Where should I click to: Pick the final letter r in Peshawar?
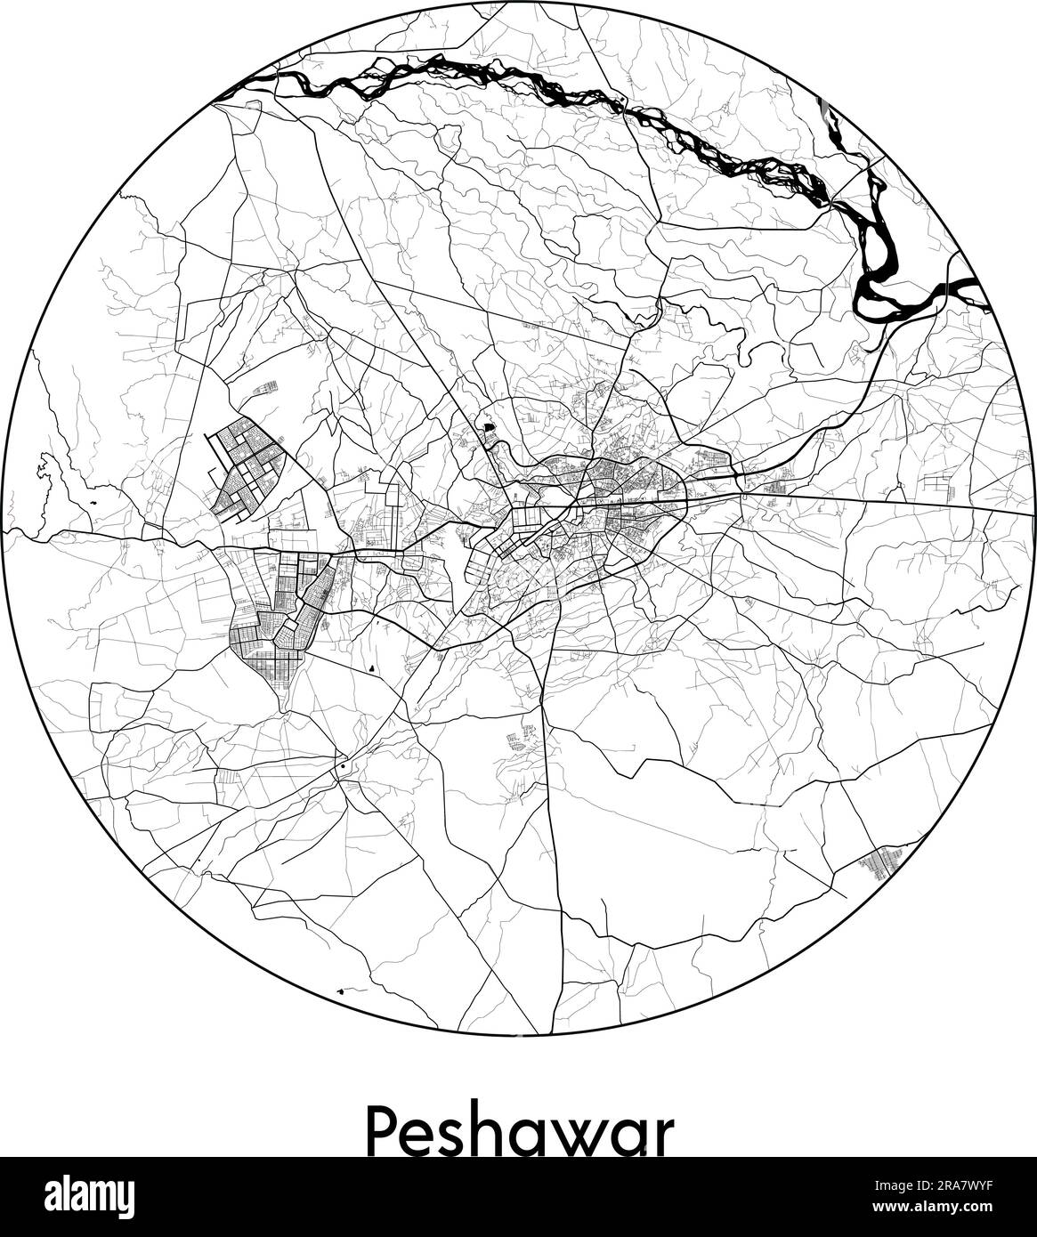pyautogui.click(x=661, y=1137)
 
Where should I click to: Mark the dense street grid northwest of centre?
pyautogui.click(x=244, y=468)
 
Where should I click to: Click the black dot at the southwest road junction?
pyautogui.click(x=342, y=764)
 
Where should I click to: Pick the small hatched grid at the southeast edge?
pyautogui.click(x=880, y=862)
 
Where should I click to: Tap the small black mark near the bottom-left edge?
pyautogui.click(x=343, y=990)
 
